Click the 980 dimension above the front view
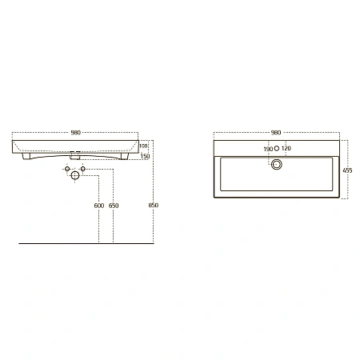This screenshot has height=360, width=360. click(x=76, y=133)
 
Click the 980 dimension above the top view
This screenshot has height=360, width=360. click(x=276, y=133)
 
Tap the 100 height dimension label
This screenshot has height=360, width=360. click(x=143, y=146)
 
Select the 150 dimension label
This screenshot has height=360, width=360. click(x=145, y=156)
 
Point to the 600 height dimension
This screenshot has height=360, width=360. click(x=99, y=206)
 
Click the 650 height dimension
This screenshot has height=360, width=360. click(x=114, y=206)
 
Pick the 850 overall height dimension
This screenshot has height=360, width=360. click(x=154, y=205)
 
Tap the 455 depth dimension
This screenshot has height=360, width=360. click(x=347, y=170)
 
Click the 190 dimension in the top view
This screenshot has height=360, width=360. click(x=268, y=149)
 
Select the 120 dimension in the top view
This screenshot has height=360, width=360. click(x=286, y=148)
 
